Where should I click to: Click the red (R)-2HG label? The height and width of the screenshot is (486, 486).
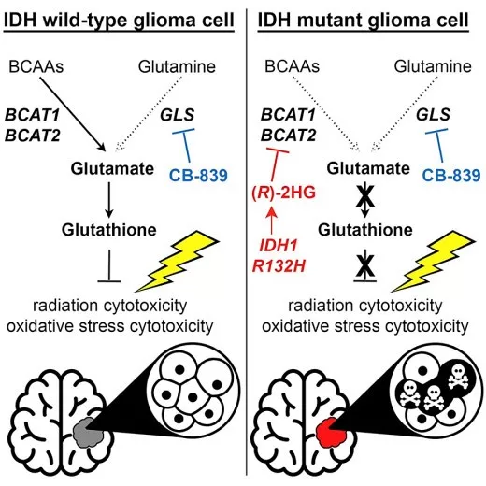pos(283,193)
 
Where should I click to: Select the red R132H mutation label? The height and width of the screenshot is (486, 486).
pos(279,266)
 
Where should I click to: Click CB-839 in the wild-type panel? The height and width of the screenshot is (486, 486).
pos(198,176)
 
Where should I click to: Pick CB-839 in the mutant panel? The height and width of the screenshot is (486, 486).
pos(451,176)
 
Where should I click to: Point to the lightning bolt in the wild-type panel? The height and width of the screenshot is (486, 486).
pos(178,261)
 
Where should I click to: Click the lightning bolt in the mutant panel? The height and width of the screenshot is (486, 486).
pos(433,261)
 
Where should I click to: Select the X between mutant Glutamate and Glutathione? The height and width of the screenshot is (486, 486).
pos(365,196)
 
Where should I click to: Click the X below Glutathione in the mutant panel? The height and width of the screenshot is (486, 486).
pos(365,266)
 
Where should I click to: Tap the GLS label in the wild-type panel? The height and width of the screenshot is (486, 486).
pos(178,115)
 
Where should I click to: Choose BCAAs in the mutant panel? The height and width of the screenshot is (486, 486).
pos(292,66)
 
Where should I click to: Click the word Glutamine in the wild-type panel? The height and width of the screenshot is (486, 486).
pos(177,66)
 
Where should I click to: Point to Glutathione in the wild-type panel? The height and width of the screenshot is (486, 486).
pos(109,230)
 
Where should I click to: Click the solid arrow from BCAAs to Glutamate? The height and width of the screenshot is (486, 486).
pos(73,114)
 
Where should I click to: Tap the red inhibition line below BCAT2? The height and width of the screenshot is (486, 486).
pos(276,165)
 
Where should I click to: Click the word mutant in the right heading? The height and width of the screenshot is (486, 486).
pos(331,20)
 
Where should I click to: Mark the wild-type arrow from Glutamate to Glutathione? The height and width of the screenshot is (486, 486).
pos(108,200)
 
